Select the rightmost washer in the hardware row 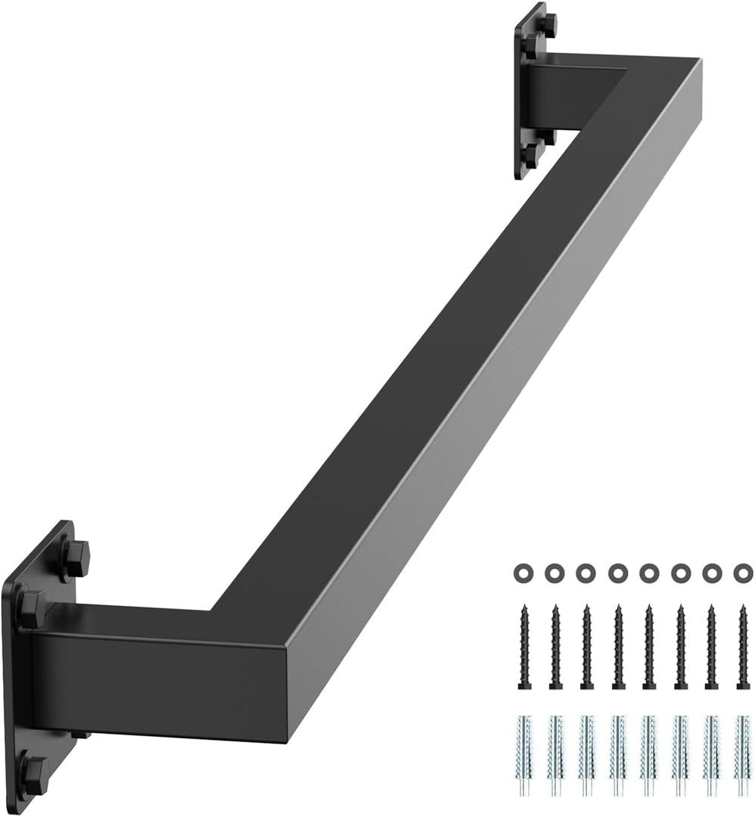click(x=743, y=573)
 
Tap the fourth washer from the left click(x=617, y=573)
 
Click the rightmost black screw click(x=742, y=646)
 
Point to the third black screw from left click(x=586, y=646)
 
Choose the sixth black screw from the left click(x=679, y=646)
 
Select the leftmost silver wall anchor click(x=524, y=756)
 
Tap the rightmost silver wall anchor click(x=742, y=756)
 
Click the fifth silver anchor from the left click(x=648, y=756)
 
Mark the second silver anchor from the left click(x=555, y=756)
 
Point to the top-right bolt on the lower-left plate click(x=75, y=558)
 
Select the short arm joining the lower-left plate click(x=151, y=673)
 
